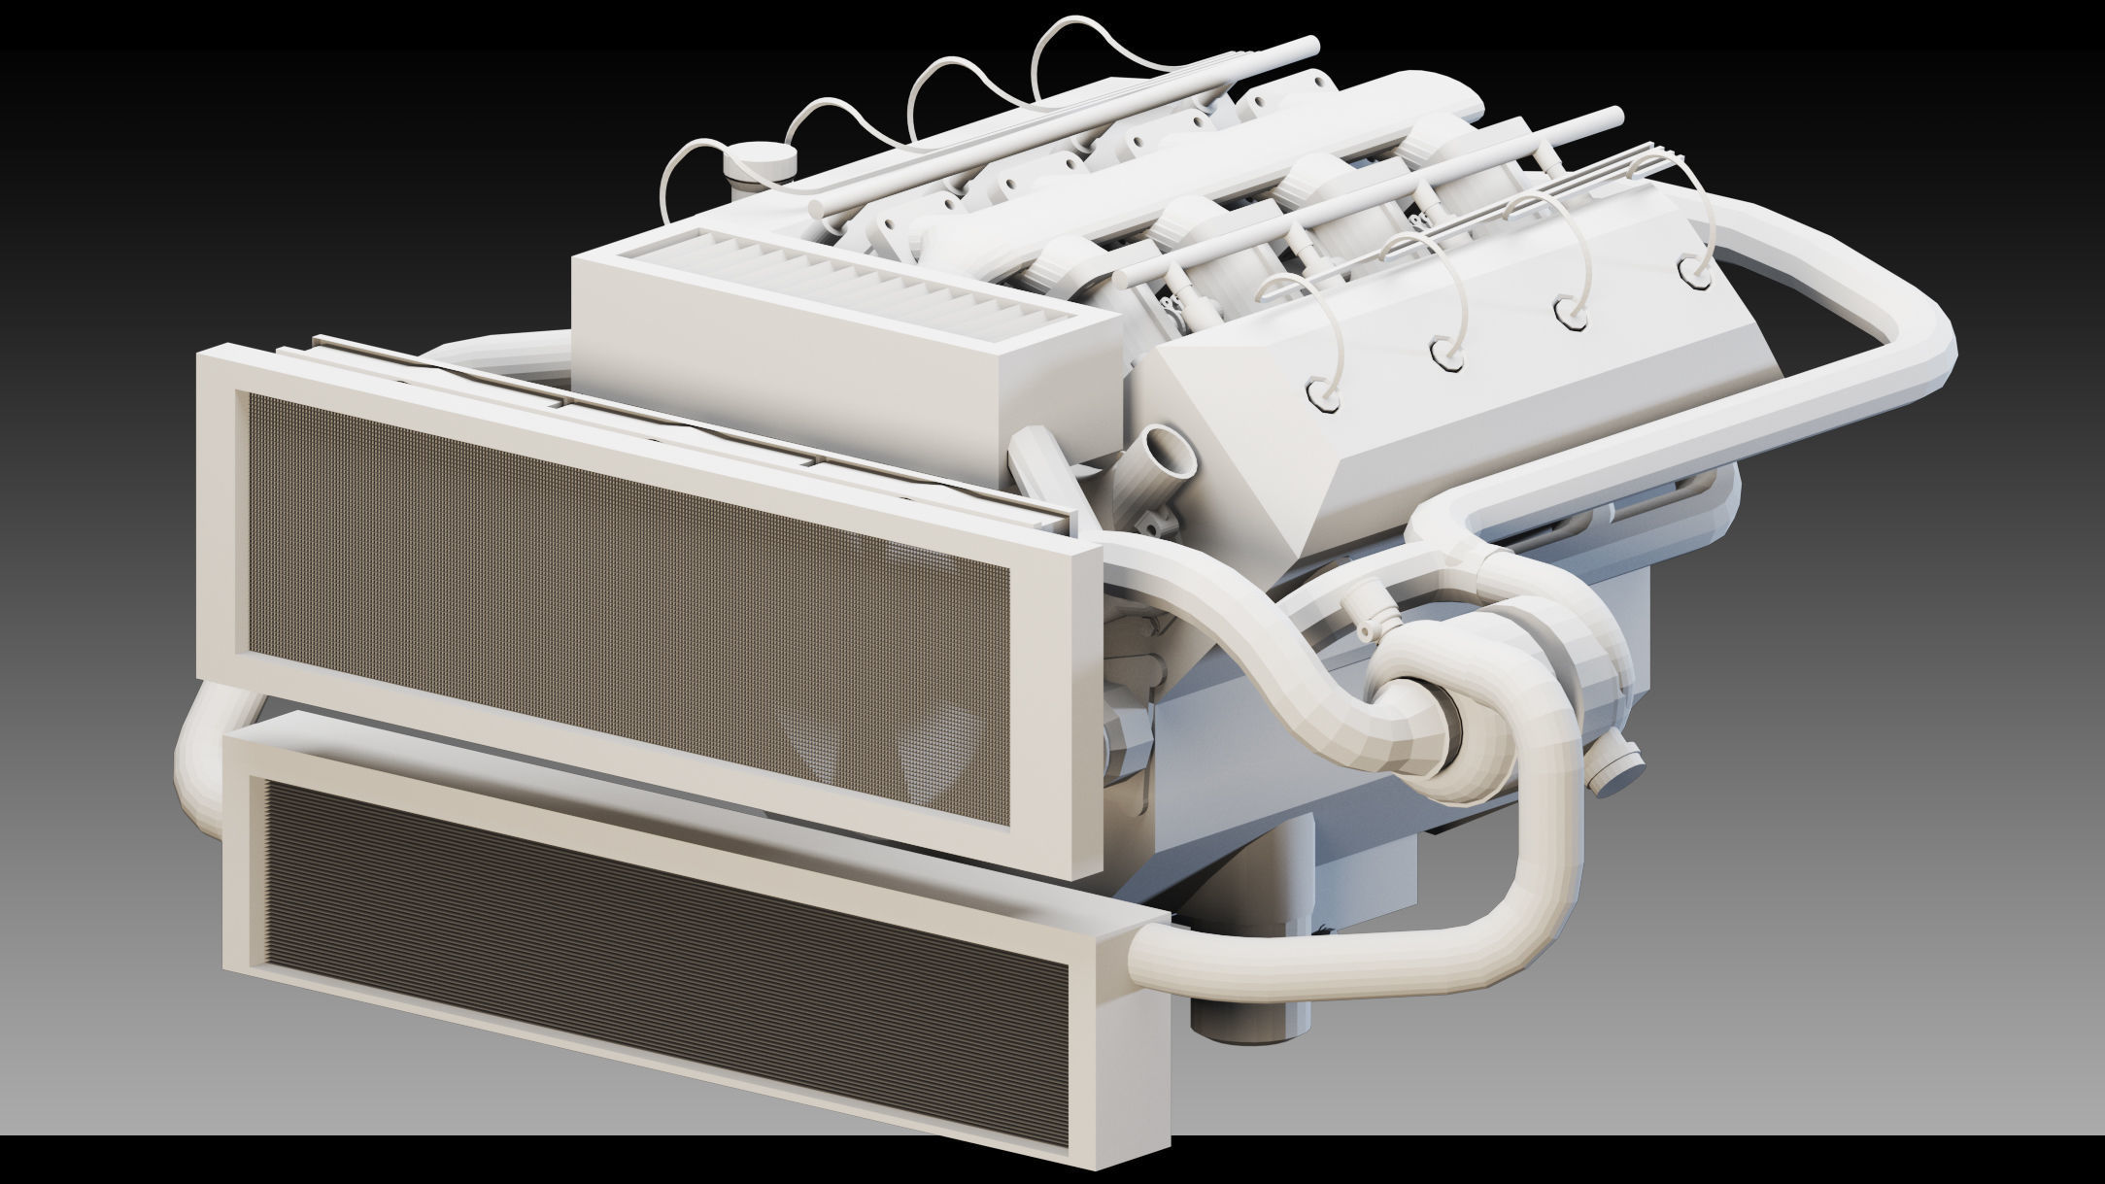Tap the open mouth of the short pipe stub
coord(1169,451)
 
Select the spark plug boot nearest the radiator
coord(1322,390)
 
